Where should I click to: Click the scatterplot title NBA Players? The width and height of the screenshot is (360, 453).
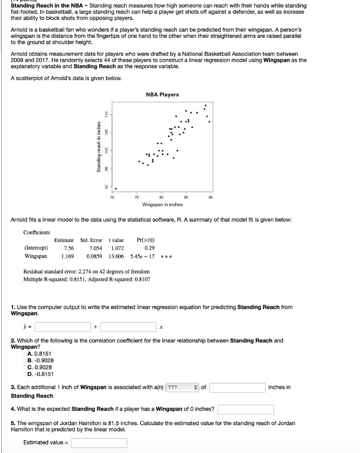pyautogui.click(x=162, y=95)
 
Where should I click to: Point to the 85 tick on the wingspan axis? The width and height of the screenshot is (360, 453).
pyautogui.click(x=186, y=197)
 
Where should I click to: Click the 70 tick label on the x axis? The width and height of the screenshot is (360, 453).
pyautogui.click(x=112, y=197)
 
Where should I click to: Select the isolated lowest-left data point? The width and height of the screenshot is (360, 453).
pyautogui.click(x=116, y=188)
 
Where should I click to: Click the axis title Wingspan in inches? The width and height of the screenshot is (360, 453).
pyautogui.click(x=162, y=204)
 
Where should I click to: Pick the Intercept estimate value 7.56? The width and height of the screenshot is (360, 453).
pyautogui.click(x=69, y=248)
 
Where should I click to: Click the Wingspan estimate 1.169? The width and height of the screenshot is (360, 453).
pyautogui.click(x=67, y=256)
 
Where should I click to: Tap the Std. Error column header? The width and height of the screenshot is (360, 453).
pyautogui.click(x=91, y=240)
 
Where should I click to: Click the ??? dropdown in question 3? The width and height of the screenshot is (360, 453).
pyautogui.click(x=182, y=388)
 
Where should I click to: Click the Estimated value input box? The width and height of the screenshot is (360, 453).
pyautogui.click(x=99, y=443)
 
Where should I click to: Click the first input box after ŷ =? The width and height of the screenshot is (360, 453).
pyautogui.click(x=63, y=327)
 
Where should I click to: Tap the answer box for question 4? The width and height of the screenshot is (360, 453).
pyautogui.click(x=245, y=409)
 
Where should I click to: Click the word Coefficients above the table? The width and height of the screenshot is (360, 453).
pyautogui.click(x=37, y=232)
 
